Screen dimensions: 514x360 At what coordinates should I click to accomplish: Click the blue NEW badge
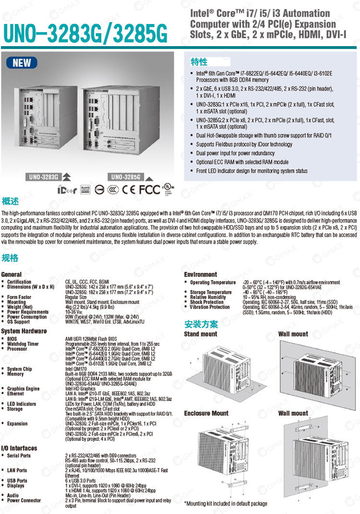click(x=22, y=63)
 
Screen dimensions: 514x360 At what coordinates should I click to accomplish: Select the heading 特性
click(x=199, y=62)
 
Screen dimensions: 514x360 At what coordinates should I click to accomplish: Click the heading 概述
click(x=10, y=200)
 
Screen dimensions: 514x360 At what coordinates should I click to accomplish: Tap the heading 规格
click(x=10, y=258)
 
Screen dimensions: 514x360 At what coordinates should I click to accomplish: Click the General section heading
click(x=12, y=274)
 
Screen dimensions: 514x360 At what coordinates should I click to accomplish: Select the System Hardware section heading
click(x=24, y=331)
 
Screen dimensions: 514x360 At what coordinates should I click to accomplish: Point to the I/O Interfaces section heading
click(x=20, y=448)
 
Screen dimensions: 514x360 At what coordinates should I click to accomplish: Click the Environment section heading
click(x=201, y=274)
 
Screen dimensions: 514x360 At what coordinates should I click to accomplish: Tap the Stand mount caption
click(x=201, y=334)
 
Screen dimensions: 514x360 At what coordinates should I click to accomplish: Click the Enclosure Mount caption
click(x=206, y=413)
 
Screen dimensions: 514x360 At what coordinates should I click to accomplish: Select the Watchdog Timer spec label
click(x=23, y=344)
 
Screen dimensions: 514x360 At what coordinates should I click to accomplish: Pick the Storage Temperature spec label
click(x=211, y=292)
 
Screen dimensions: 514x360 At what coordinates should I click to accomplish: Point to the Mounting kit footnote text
click(x=226, y=503)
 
